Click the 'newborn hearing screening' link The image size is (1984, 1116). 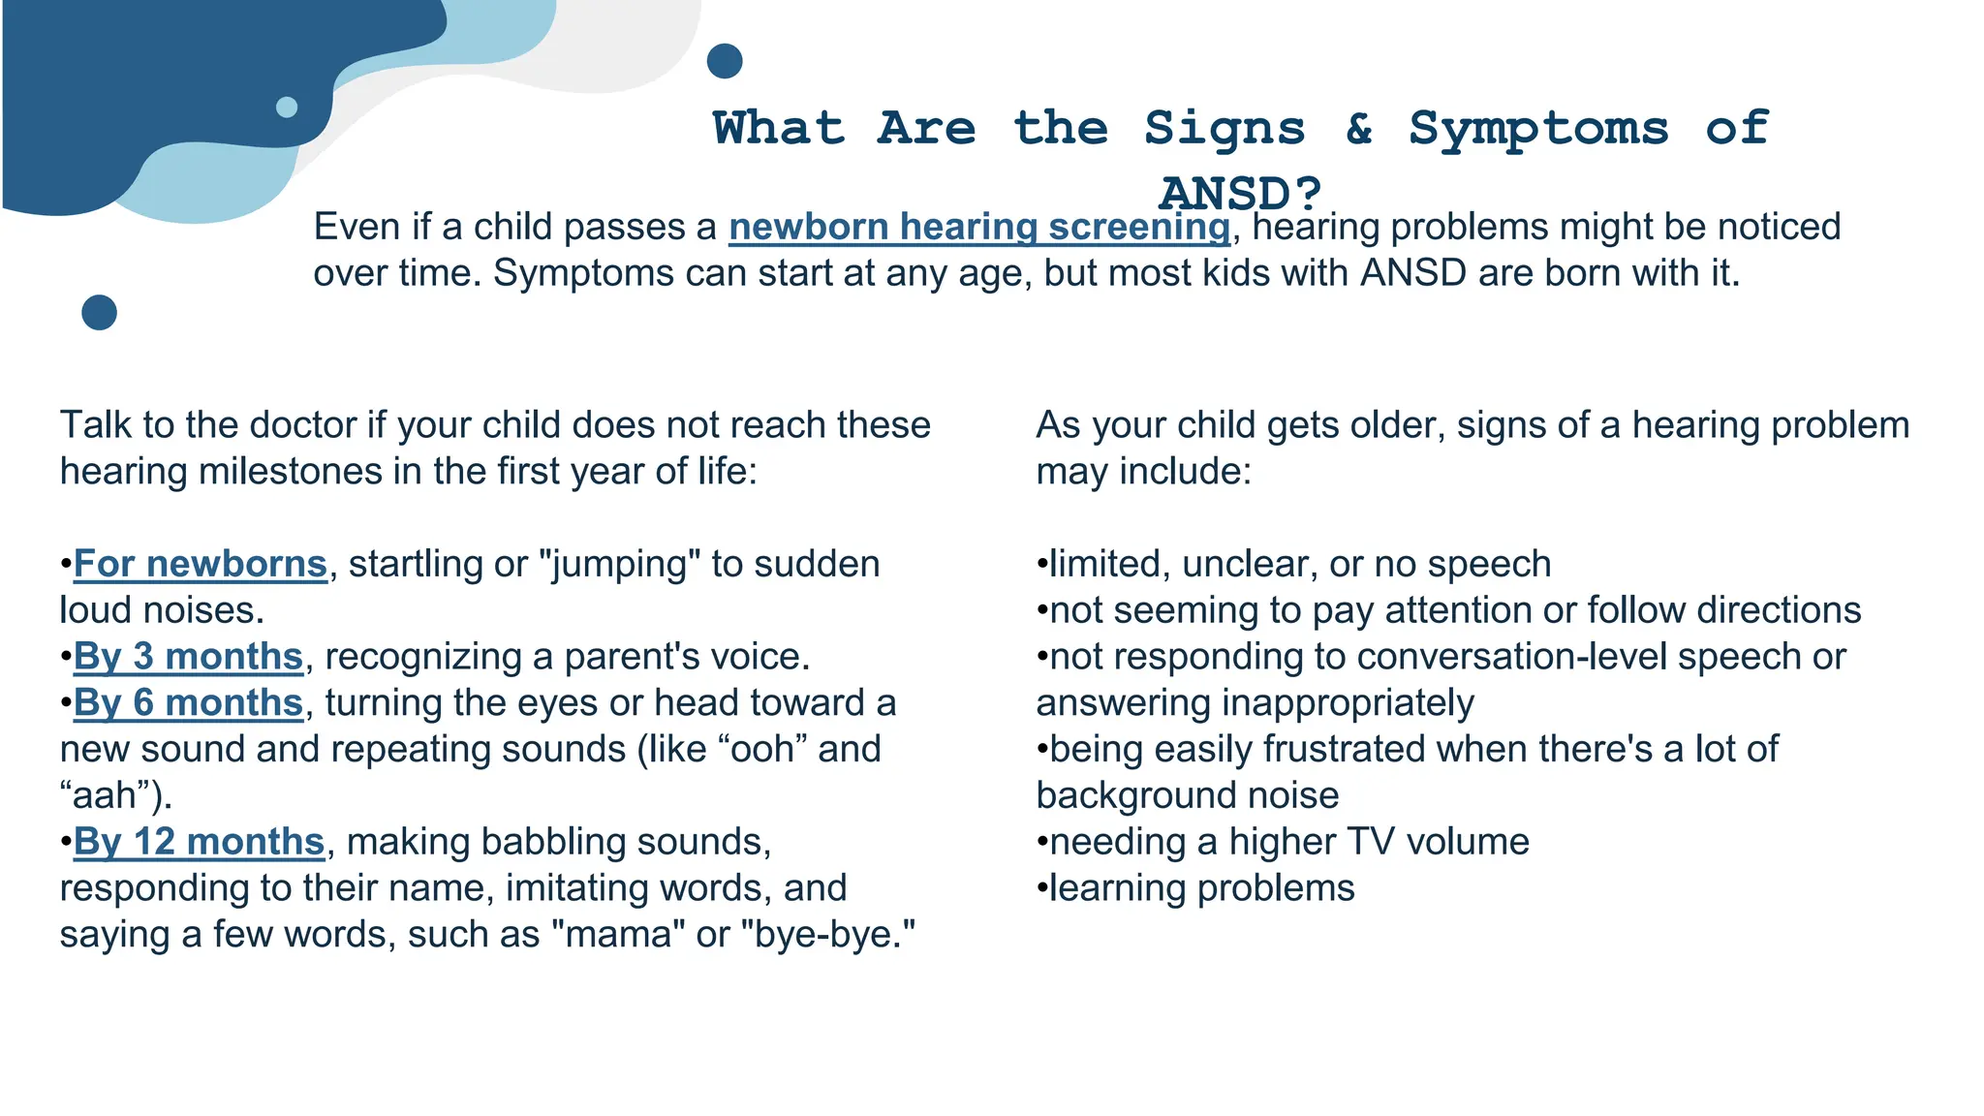pos(978,227)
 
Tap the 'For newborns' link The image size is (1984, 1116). pos(200,564)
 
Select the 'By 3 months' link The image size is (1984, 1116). pos(188,657)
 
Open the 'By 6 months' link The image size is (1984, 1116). pos(188,703)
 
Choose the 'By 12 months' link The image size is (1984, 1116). pos(199,842)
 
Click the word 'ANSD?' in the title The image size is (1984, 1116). pos(1240,193)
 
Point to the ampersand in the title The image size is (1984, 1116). pos(1359,128)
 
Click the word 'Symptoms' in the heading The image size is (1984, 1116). pos(1538,128)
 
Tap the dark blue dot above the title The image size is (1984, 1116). pos(725,61)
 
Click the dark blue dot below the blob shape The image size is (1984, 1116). pos(99,312)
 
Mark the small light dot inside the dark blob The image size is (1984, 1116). pos(287,107)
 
